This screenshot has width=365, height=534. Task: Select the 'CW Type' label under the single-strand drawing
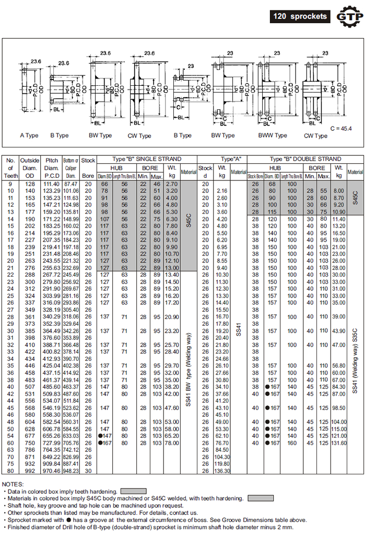tap(139, 136)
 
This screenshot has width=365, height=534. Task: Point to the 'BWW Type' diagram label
tap(273, 135)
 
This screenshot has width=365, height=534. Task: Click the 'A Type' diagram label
tap(29, 135)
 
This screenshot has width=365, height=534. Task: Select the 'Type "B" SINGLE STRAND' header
tap(147, 159)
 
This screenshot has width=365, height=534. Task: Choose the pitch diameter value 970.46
tap(51, 471)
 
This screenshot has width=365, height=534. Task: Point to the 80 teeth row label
tap(10, 471)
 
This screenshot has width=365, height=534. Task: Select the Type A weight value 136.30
tap(222, 471)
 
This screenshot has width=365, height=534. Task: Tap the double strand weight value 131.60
tap(339, 443)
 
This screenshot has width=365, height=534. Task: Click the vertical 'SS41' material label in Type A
tap(238, 328)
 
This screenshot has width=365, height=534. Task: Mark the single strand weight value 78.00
tap(172, 443)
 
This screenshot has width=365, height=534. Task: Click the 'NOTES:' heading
tap(13, 484)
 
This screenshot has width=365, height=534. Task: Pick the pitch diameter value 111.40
tap(51, 184)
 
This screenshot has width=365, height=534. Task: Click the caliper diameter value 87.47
tap(71, 184)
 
